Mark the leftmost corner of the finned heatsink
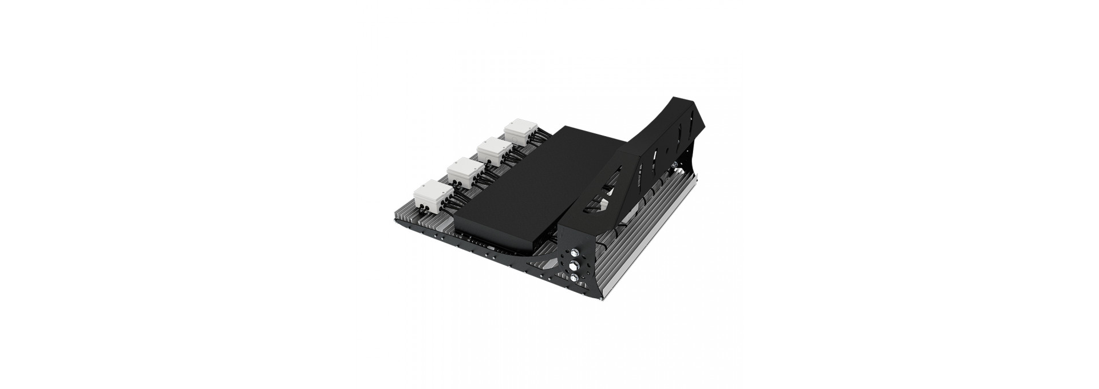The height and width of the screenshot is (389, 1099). (394, 219)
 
